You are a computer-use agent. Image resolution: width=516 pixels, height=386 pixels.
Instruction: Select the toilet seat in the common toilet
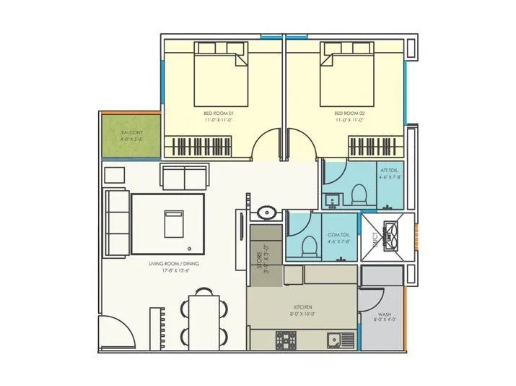pos(308,246)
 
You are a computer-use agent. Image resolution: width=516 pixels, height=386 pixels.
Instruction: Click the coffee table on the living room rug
pos(172,223)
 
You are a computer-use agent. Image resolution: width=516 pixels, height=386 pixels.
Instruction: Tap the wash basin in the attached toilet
pos(333,198)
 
